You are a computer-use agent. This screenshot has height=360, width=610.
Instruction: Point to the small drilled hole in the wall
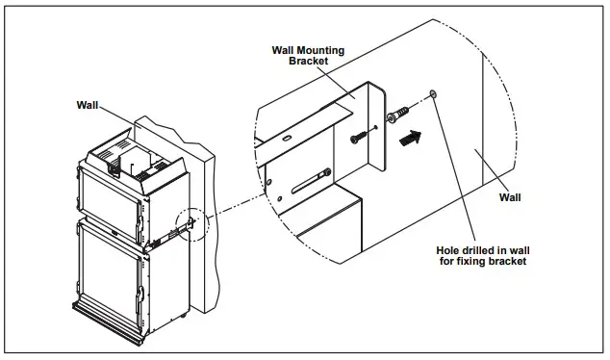tap(435, 94)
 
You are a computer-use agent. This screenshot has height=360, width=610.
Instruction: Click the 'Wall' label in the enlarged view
tap(510, 197)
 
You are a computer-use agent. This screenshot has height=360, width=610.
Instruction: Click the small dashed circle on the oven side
tap(193, 223)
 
